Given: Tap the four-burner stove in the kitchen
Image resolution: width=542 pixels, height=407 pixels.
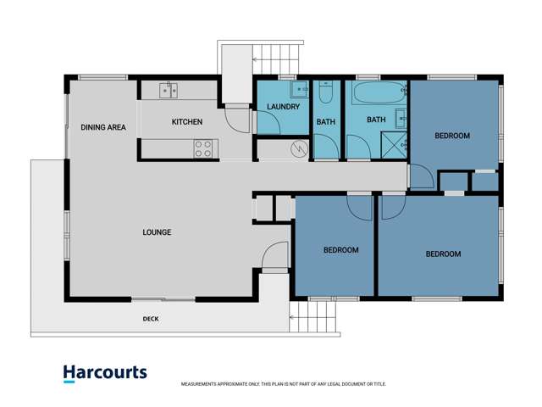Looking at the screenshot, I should coord(204,149).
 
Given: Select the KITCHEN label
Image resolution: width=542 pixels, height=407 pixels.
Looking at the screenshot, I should coord(187,122).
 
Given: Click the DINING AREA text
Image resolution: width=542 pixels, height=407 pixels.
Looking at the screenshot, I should coord(103,127).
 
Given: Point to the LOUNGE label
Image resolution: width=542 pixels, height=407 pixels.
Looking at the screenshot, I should coord(157,232).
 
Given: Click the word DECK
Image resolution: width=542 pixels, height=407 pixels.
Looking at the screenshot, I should coord(151,319).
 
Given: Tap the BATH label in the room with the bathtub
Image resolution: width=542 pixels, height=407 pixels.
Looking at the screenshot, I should coord(376,120).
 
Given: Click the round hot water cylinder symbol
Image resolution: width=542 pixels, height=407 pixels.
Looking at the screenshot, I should coord(297,150).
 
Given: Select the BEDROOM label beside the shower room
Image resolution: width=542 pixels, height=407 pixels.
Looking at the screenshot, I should coord(452,136).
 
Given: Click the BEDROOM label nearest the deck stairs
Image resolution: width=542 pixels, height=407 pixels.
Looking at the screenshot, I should coord(341,250).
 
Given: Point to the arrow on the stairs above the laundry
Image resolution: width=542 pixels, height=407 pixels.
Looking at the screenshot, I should coord(255,59).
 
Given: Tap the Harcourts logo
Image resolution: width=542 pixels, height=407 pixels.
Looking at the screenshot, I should coord(104,372).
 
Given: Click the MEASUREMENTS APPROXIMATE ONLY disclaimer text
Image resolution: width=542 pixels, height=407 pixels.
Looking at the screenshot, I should coord(276,384).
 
